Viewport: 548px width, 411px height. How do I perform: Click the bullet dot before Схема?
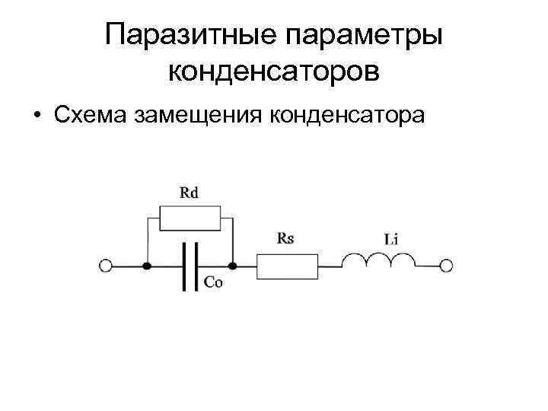click(36, 116)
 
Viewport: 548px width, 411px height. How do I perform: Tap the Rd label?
click(190, 193)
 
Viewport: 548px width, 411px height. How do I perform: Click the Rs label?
click(285, 238)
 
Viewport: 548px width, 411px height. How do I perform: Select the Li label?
click(391, 239)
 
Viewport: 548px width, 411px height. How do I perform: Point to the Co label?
click(214, 281)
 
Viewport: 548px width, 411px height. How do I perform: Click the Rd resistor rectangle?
click(190, 219)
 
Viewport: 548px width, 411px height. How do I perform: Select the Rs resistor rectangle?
click(287, 266)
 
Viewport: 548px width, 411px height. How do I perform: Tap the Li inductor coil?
click(378, 261)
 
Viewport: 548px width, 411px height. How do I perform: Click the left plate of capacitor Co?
click(183, 266)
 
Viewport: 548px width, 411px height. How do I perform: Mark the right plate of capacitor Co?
click(196, 266)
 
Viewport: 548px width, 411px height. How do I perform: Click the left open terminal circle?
click(105, 266)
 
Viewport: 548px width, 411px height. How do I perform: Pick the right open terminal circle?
click(447, 266)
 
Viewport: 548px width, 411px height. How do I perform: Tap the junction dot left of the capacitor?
click(147, 266)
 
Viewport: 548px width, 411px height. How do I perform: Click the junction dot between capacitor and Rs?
click(232, 266)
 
